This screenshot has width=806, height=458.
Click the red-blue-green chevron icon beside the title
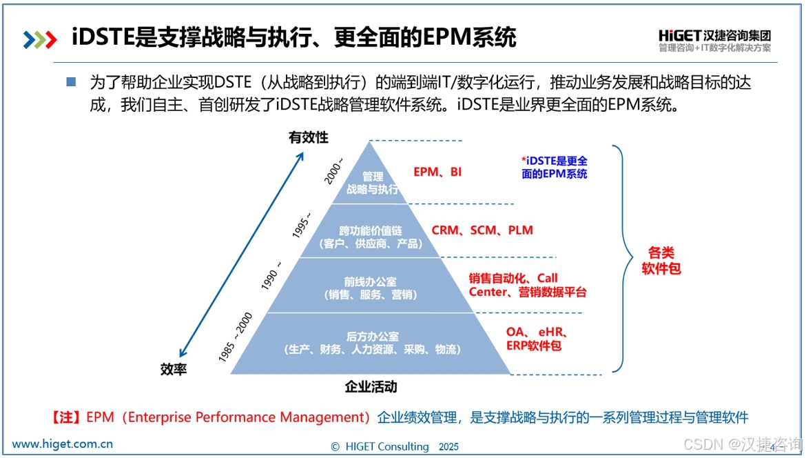pos(39,40)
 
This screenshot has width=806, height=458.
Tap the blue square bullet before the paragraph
pos(71,81)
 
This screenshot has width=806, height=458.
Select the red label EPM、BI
pos(437,172)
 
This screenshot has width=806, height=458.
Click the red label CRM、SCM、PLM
pos(482,230)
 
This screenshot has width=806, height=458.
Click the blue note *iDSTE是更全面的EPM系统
pos(555,168)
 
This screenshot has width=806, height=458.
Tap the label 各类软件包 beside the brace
pos(661,261)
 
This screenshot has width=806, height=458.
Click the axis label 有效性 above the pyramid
pos(309,137)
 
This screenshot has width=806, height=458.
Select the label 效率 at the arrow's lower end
pos(174,370)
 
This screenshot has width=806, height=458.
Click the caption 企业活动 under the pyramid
pos(371,386)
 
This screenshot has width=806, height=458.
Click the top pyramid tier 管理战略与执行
pos(372,183)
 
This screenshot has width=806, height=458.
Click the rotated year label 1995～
pos(302,224)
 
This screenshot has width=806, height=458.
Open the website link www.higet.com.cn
pos(63,444)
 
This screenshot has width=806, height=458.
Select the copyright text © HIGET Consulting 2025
pos(394,447)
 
